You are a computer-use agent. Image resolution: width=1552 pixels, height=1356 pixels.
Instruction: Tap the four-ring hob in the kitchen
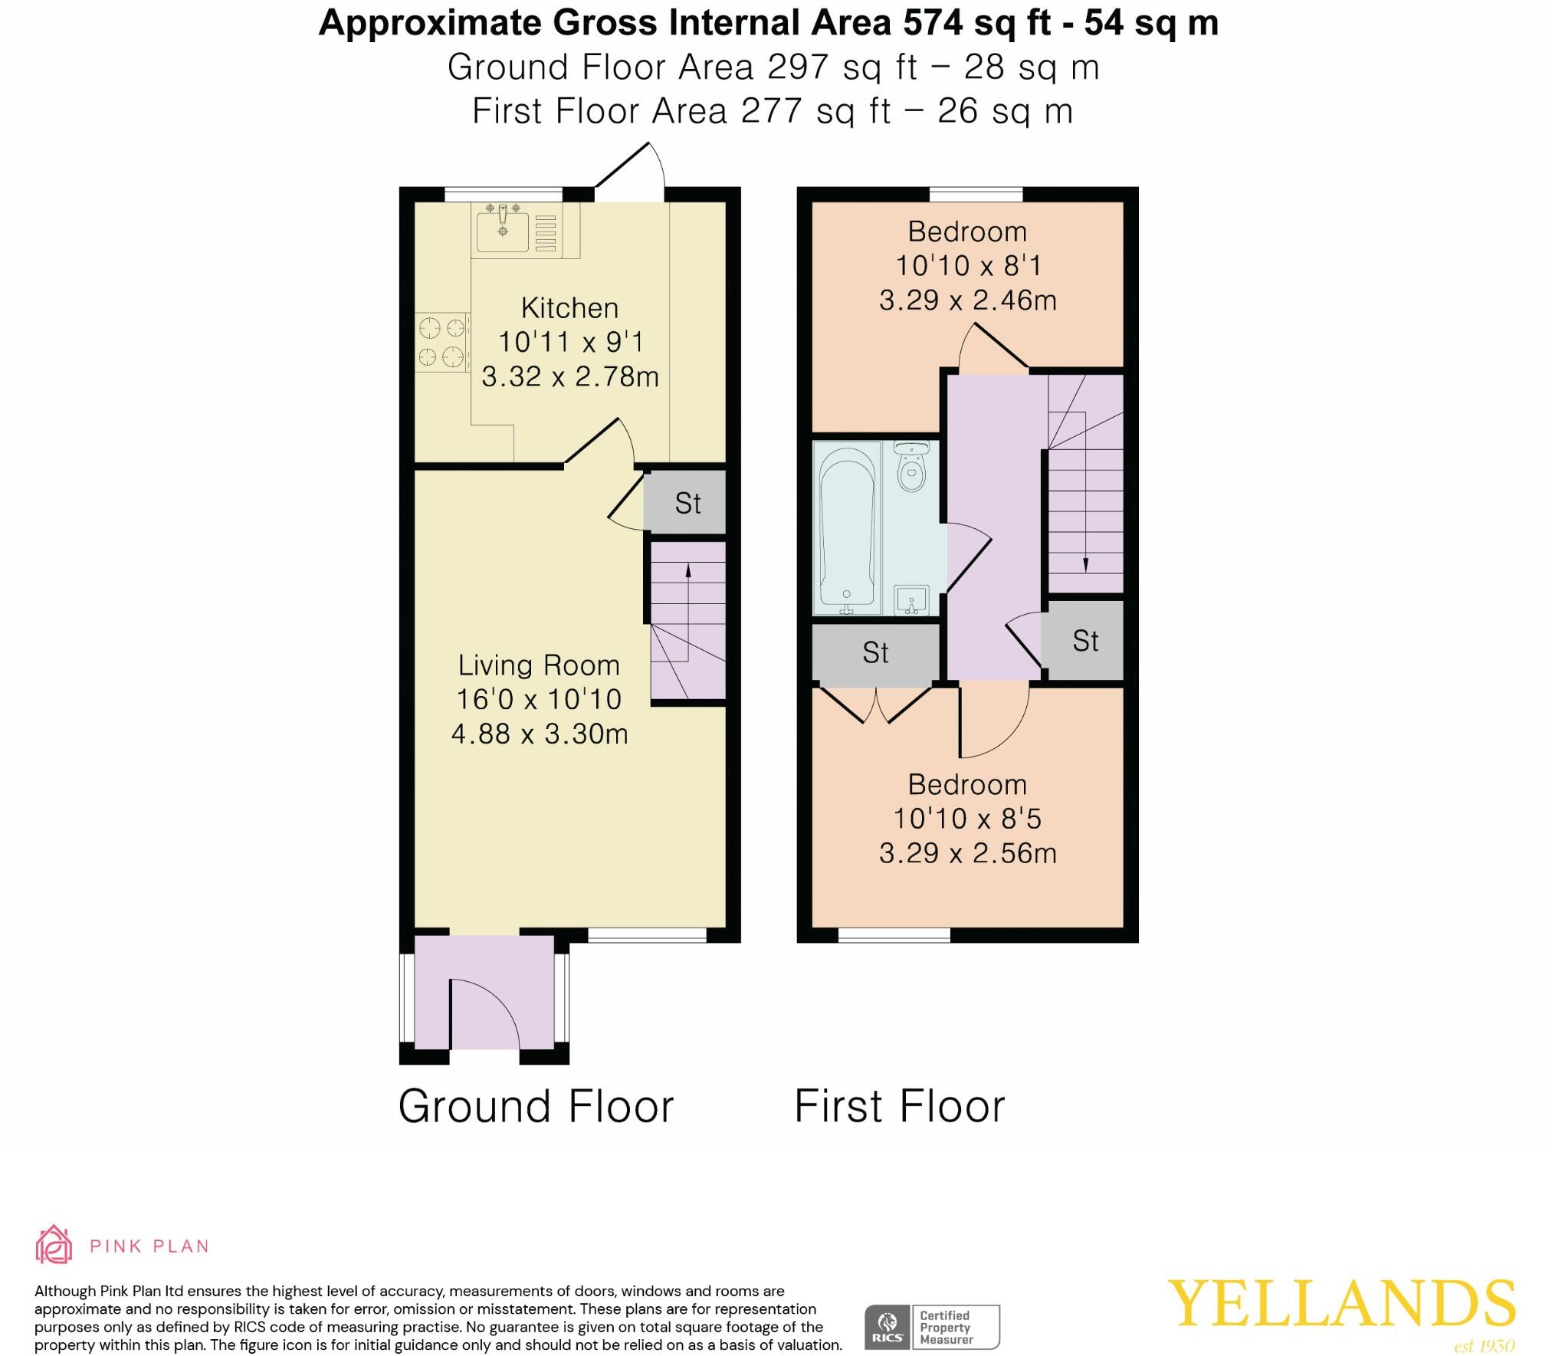[x=442, y=342]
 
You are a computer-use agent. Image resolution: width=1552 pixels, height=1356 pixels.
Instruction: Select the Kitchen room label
[x=569, y=308]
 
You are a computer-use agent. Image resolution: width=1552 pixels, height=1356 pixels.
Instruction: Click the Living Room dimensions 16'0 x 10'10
[x=538, y=699]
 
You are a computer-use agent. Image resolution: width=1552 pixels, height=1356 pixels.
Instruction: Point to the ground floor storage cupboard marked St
[x=687, y=503]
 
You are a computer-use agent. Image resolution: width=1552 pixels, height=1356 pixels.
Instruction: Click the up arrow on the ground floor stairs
[x=687, y=571]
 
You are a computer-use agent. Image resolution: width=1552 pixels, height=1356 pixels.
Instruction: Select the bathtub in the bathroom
[x=846, y=528]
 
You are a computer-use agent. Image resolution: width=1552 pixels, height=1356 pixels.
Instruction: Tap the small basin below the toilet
[x=911, y=599]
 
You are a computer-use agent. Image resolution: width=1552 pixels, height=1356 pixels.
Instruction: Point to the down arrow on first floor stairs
[x=1085, y=564]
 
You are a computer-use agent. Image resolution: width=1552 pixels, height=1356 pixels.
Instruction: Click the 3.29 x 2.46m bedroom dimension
[x=967, y=300]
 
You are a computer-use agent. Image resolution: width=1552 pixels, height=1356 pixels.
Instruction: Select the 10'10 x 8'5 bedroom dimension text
[x=967, y=819]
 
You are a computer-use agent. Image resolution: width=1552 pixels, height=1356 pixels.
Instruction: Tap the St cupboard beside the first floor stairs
[x=1085, y=641]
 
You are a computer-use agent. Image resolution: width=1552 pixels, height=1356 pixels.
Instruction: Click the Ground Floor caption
[x=536, y=1106]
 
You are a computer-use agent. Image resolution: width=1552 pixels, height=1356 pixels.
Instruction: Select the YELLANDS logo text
[x=1340, y=1303]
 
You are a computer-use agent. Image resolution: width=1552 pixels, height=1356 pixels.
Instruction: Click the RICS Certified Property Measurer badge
[x=932, y=1327]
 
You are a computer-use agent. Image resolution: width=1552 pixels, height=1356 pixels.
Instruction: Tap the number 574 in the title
[x=932, y=23]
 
